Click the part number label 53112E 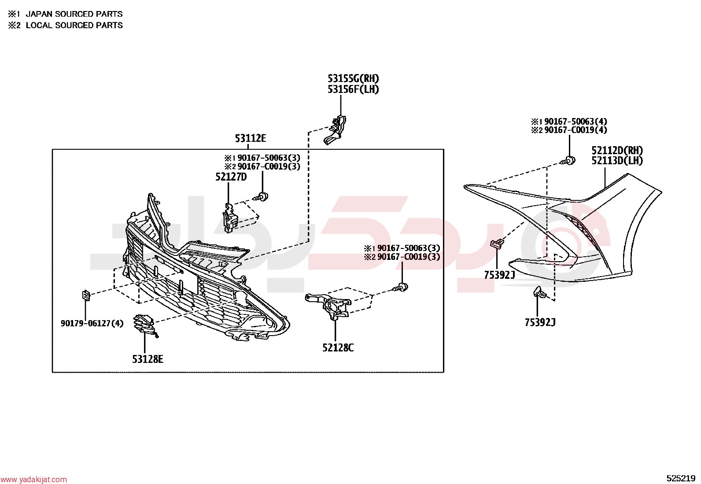pos(251,138)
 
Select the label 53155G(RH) pos(353,78)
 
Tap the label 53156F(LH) pos(353,89)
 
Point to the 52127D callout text pos(231,177)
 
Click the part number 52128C pos(338,347)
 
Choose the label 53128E pos(148,359)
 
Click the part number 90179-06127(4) pos(92,323)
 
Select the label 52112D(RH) pos(617,151)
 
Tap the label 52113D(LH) pos(617,161)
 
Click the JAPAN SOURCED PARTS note pos(74,14)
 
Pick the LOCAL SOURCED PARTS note pos(74,26)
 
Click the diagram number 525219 pos(681,478)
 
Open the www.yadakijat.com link pos(33,480)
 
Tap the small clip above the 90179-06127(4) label pos(86,296)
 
